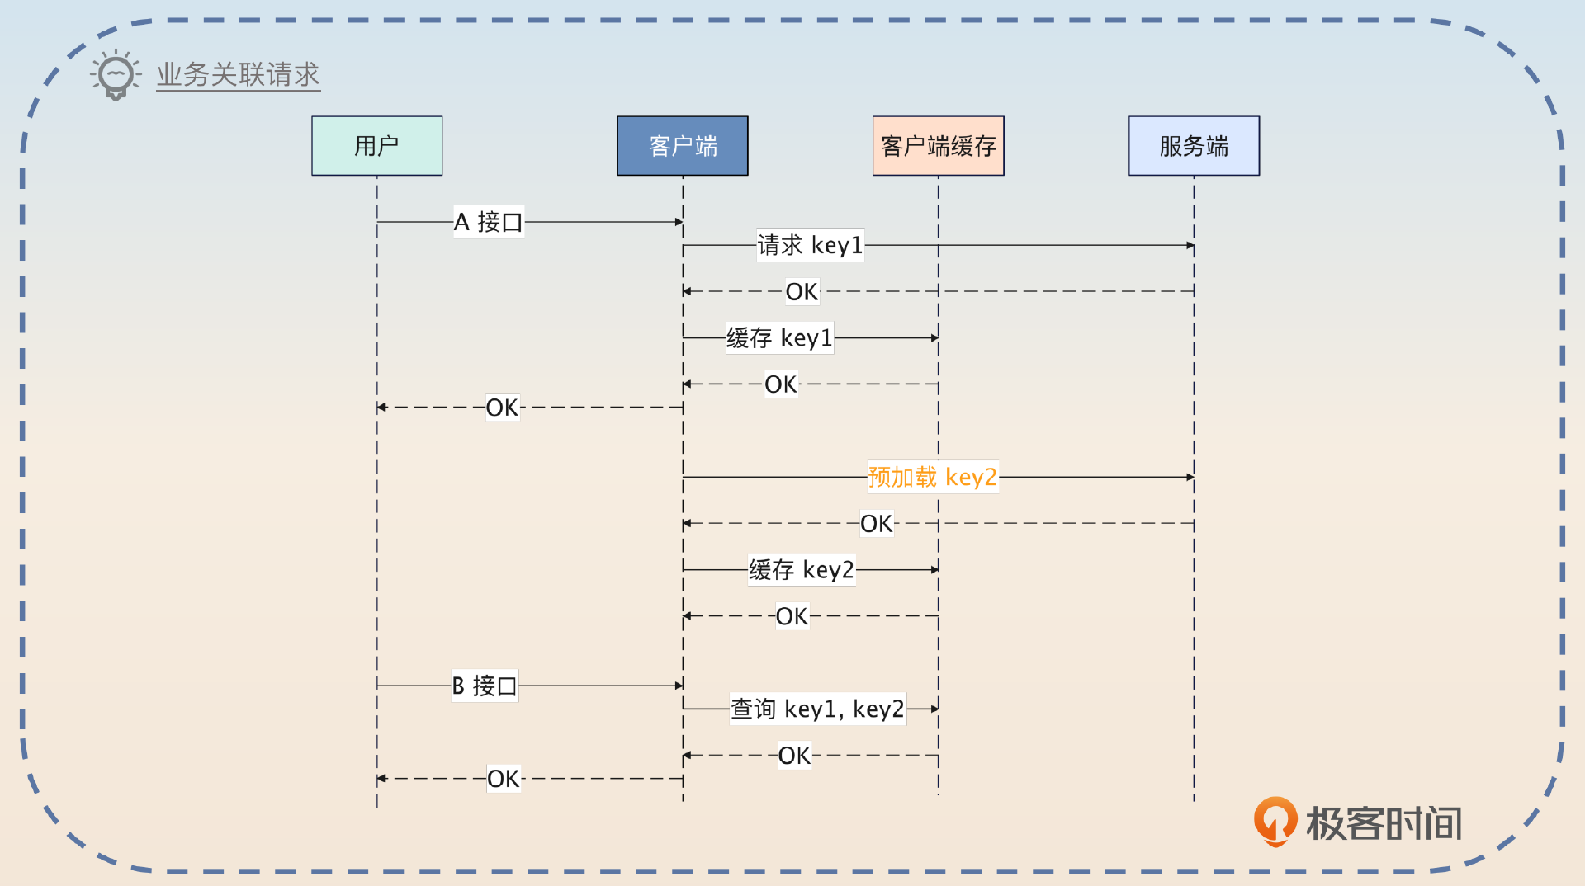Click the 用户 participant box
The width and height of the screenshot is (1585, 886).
376,145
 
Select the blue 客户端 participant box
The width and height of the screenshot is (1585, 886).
682,145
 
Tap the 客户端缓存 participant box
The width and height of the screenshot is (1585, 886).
938,145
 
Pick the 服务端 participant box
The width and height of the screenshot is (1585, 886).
1194,145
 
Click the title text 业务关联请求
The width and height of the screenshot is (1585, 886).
238,74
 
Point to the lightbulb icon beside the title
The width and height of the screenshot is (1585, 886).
116,75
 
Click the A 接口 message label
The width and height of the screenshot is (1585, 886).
488,222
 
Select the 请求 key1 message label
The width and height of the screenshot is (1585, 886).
810,245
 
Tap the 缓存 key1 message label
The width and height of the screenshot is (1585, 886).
779,337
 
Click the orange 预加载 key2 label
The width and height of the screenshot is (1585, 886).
932,477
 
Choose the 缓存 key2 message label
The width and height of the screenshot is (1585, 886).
801,569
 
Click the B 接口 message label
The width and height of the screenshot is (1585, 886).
484,686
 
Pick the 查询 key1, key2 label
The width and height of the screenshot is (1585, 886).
817,709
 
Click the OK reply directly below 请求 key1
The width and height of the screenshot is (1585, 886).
802,291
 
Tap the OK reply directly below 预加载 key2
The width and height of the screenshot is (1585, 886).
876,523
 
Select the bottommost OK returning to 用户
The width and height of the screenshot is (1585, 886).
503,778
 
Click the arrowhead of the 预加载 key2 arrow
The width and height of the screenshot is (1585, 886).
1190,477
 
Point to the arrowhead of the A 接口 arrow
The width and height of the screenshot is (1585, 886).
679,222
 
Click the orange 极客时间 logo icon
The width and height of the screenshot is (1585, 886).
1275,821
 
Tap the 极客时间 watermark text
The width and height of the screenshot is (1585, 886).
1384,823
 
